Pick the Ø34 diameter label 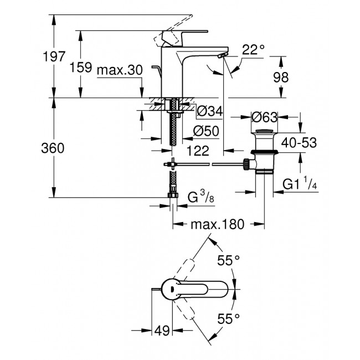tap(210, 112)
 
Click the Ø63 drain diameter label tap(265, 117)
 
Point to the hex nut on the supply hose tap(172, 194)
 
